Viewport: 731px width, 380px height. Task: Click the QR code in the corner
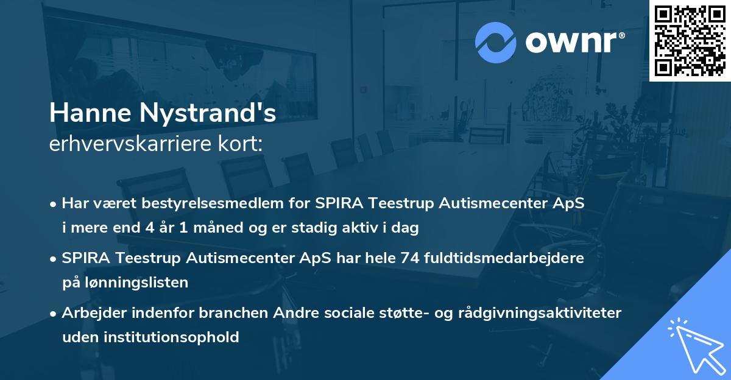tap(690, 40)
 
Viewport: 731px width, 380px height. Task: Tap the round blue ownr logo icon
tap(496, 41)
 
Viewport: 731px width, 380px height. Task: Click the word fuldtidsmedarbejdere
tap(505, 258)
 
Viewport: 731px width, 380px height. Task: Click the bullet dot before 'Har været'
tap(54, 204)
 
